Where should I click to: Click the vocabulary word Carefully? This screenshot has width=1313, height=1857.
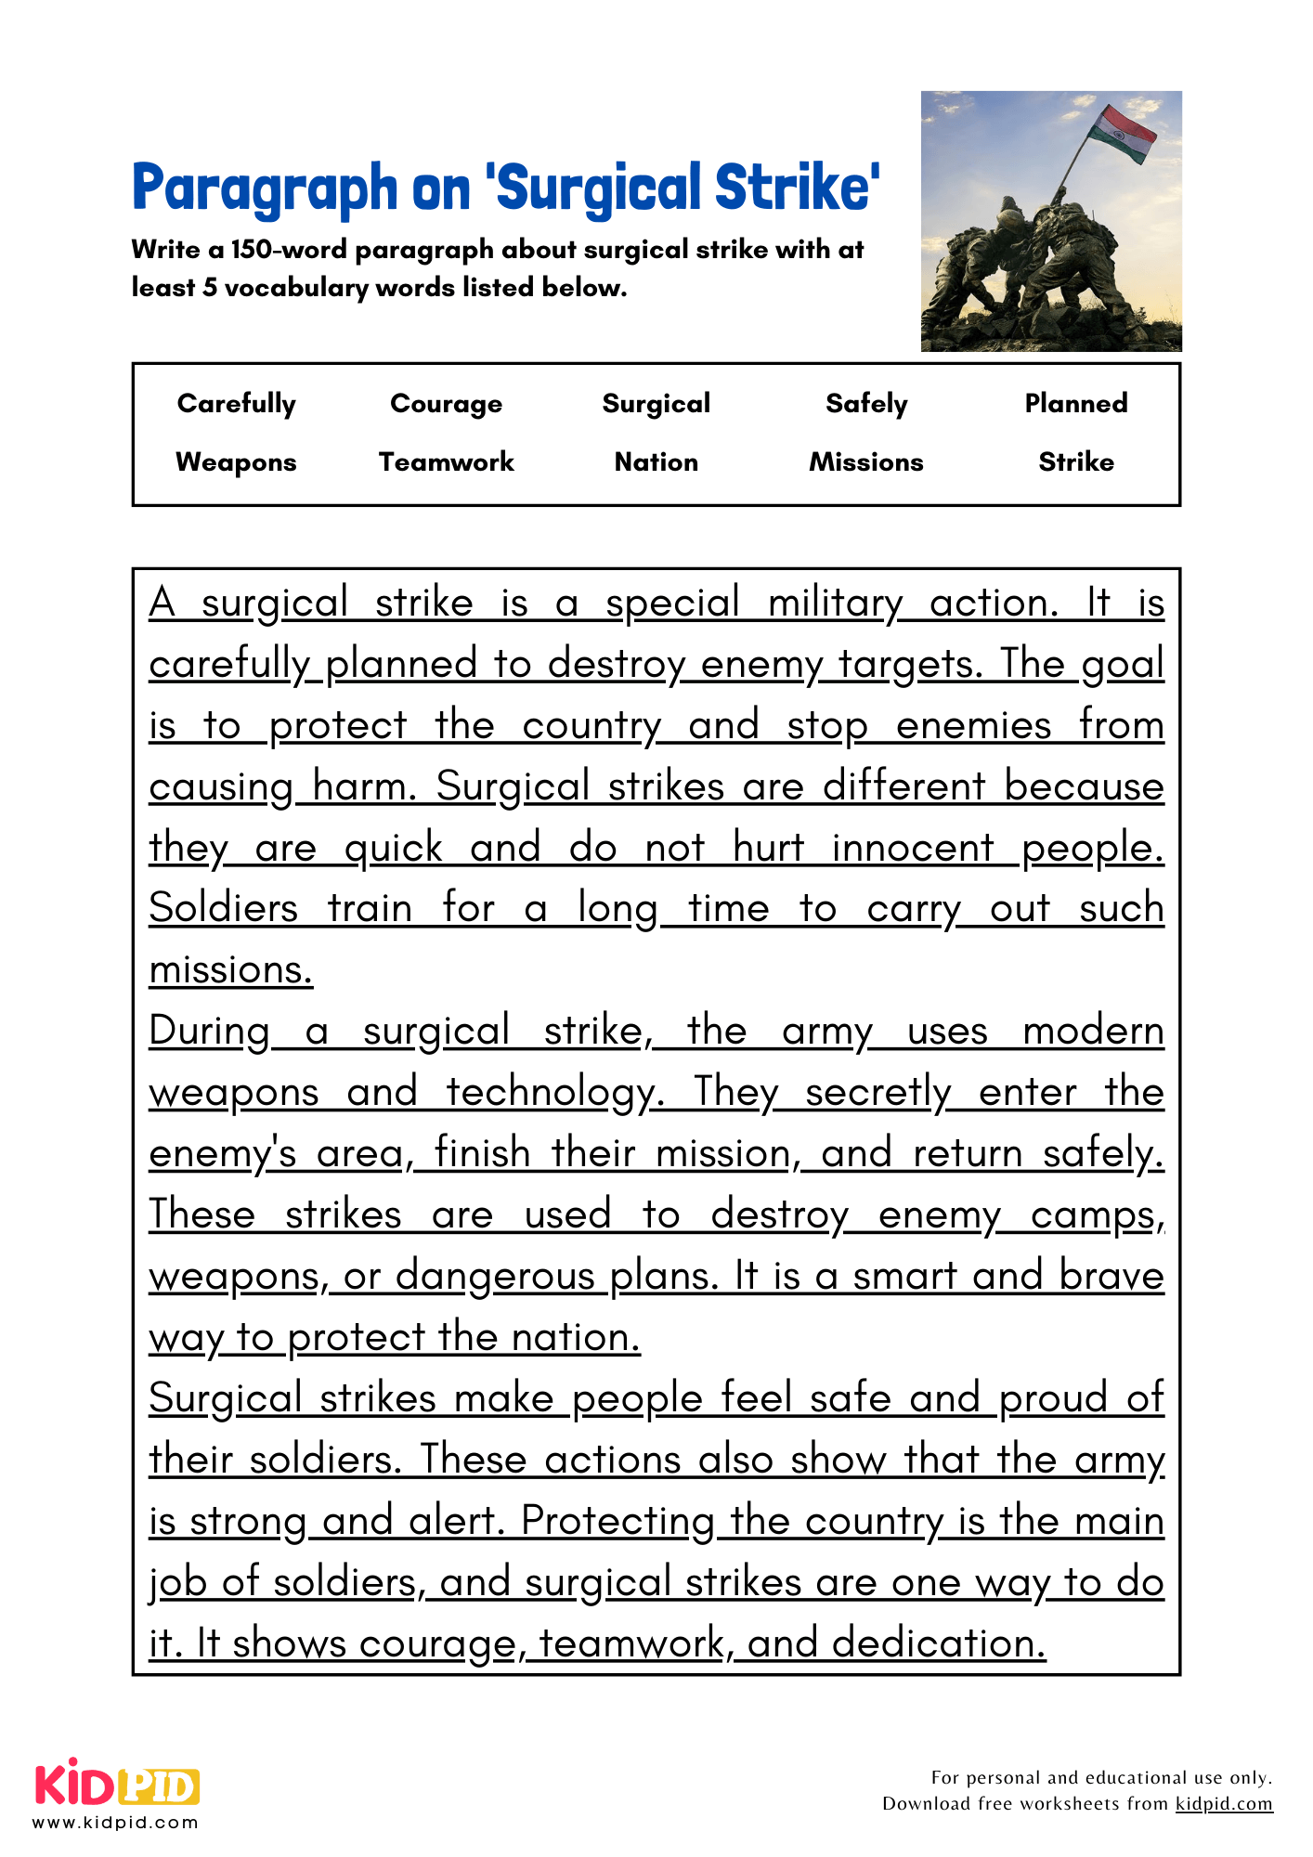coord(236,404)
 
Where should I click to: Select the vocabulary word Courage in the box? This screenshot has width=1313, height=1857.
coord(446,404)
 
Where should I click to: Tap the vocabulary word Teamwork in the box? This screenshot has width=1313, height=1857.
coord(446,462)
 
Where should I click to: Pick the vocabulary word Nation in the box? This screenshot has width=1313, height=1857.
coord(656,462)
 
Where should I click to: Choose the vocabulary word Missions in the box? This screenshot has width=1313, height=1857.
coord(865,462)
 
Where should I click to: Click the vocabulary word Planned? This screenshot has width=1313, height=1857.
coord(1075,404)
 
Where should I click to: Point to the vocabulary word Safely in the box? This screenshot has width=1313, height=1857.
coord(865,404)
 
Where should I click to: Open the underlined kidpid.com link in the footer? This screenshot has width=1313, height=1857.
coord(1223,1804)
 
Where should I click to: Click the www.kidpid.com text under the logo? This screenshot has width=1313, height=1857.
coord(115,1823)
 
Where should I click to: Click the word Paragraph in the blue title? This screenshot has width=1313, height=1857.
coord(264,188)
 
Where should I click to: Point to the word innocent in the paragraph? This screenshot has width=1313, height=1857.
coord(912,849)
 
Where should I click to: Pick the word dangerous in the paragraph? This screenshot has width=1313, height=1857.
coord(494,1277)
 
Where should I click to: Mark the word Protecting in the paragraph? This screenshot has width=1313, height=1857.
coord(617,1522)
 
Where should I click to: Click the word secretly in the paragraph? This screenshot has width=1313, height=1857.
coord(877,1093)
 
